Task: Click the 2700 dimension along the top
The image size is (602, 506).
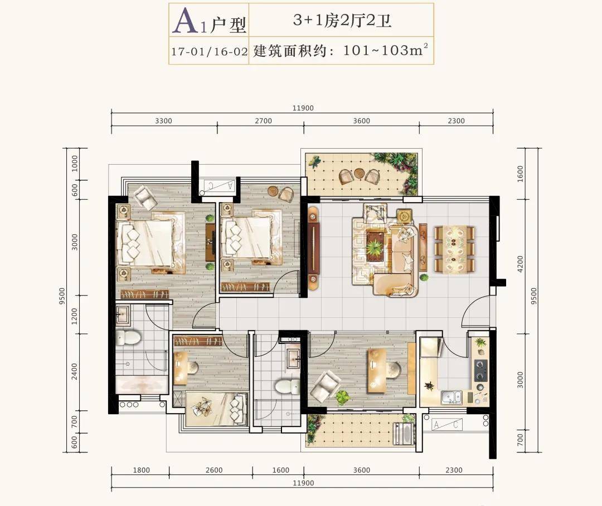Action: pyautogui.click(x=263, y=121)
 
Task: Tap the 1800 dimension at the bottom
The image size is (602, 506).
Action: pyautogui.click(x=141, y=470)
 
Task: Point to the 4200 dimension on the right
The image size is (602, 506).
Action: pyautogui.click(x=520, y=264)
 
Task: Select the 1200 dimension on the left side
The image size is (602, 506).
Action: pyautogui.click(x=75, y=316)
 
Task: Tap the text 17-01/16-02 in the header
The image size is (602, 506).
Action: pyautogui.click(x=209, y=51)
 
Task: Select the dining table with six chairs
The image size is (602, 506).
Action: pyautogui.click(x=454, y=249)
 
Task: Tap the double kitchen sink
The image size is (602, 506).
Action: pyautogui.click(x=452, y=397)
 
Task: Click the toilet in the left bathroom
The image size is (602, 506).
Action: pyautogui.click(x=128, y=338)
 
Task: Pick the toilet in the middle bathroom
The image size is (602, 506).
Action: pyautogui.click(x=288, y=386)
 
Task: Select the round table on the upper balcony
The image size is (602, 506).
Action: pyautogui.click(x=360, y=173)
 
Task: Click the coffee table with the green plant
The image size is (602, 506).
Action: pyautogui.click(x=375, y=245)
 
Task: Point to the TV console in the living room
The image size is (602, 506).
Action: pyautogui.click(x=314, y=248)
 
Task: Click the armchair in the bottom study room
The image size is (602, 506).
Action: pyautogui.click(x=325, y=388)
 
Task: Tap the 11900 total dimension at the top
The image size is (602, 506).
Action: pyautogui.click(x=303, y=108)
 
